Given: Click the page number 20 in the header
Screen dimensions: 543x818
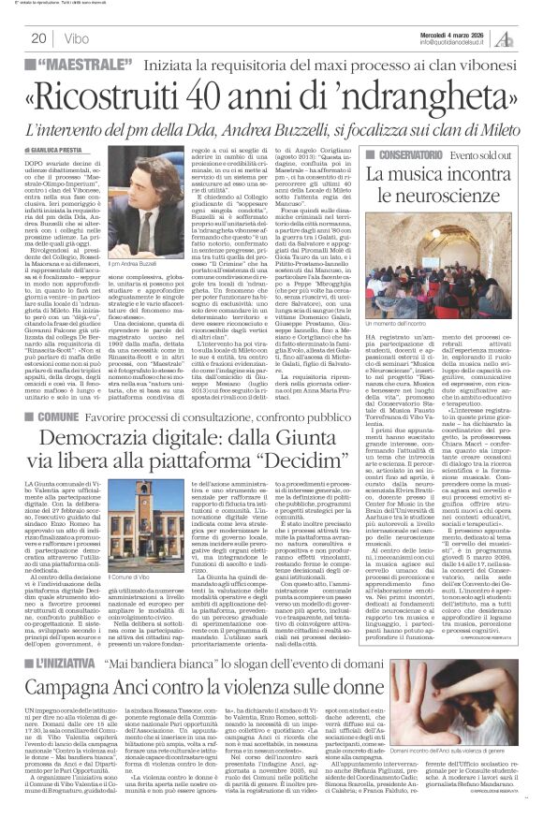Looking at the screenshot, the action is click(x=38, y=37).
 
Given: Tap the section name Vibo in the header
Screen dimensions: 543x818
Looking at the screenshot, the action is click(x=77, y=38).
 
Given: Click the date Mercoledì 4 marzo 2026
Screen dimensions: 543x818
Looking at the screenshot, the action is click(x=457, y=27).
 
